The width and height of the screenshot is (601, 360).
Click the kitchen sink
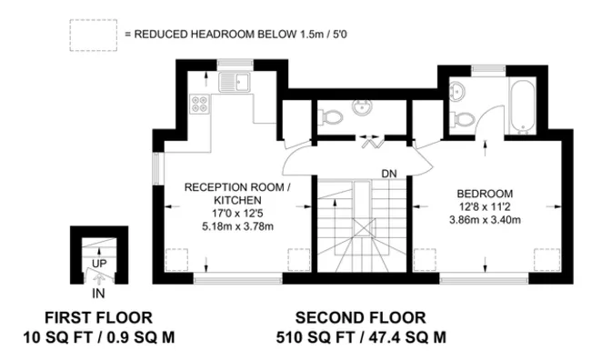pos(235,82)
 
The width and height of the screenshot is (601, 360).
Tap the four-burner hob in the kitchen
pos(200,104)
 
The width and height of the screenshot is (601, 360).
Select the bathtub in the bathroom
pos(523,105)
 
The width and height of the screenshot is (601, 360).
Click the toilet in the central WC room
pos(330,116)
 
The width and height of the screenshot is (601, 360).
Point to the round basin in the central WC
pos(362,107)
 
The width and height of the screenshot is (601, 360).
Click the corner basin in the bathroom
pos(456,91)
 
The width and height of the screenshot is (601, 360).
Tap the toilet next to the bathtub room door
pos(463,119)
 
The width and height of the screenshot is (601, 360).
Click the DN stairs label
pos(389,174)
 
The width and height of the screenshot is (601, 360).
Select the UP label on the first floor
pos(99,264)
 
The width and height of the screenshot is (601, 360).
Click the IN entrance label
pos(98,294)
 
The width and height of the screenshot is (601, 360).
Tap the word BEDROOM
pos(485,194)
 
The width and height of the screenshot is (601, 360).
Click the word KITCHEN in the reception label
pos(237,200)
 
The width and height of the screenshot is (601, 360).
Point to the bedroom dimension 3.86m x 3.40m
pos(485,220)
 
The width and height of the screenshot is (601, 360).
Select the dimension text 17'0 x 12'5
pos(237,213)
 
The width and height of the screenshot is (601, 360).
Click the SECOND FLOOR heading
pos(361,318)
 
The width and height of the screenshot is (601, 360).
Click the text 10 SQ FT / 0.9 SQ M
pos(99,338)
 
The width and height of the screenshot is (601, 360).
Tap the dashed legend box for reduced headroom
pos(93,35)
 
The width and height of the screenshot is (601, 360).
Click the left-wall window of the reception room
pos(156,169)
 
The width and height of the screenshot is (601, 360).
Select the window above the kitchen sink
pos(235,64)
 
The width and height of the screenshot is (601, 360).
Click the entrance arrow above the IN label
pos(98,278)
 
